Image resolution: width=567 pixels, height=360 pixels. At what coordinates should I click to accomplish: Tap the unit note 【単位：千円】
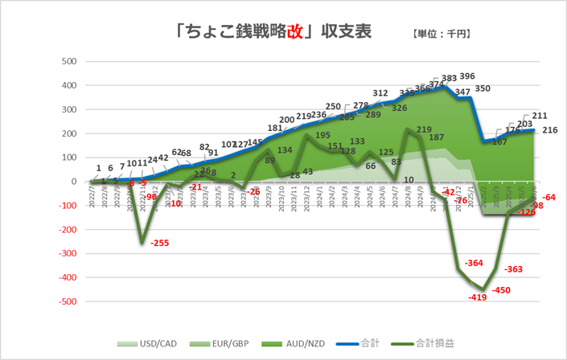click(x=441, y=35)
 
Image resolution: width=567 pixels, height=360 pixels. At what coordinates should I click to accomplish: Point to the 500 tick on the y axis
click(x=69, y=61)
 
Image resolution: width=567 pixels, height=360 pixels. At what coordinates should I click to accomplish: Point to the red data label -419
click(x=479, y=298)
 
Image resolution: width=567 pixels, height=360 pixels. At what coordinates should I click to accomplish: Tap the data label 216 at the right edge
click(x=551, y=130)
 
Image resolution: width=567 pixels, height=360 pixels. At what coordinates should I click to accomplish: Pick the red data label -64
click(x=550, y=197)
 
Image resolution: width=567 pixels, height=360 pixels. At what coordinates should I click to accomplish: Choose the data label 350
click(x=483, y=88)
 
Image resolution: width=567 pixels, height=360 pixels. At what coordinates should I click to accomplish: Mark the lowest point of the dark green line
click(x=483, y=289)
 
